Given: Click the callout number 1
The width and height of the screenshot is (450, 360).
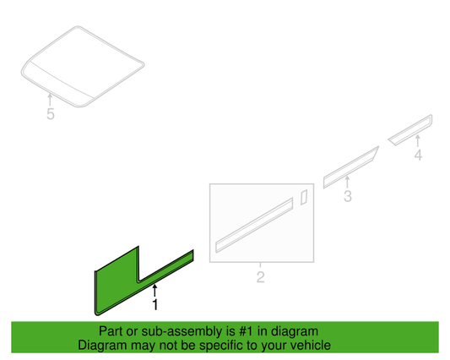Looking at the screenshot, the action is (x=155, y=305).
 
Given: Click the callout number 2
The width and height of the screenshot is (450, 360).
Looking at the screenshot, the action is (x=260, y=277).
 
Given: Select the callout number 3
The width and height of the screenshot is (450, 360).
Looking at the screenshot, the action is (x=348, y=196).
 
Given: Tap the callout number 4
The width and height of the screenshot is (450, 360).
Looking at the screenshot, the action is (x=418, y=155).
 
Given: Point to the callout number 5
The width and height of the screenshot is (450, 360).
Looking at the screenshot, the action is (x=51, y=114).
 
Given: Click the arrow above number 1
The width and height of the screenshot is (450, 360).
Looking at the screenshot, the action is (x=155, y=290).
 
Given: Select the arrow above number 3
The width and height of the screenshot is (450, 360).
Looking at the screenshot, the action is (x=347, y=183).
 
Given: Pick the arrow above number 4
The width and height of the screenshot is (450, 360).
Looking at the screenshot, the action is (x=418, y=141).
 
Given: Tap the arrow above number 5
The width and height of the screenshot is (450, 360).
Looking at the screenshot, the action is (x=50, y=100).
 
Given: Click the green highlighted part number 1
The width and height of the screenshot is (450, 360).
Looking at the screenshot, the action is (x=117, y=285).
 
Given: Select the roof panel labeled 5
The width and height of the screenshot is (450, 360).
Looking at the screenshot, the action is (x=83, y=67).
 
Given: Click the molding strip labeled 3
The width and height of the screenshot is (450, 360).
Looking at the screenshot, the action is (x=350, y=167).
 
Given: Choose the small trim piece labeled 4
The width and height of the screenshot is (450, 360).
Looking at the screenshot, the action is (x=410, y=130).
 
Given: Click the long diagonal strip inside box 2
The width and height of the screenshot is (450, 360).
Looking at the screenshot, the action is (x=254, y=225).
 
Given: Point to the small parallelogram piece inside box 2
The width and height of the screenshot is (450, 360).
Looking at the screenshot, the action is (x=304, y=197).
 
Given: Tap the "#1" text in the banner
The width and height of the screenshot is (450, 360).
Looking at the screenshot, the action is (x=246, y=331).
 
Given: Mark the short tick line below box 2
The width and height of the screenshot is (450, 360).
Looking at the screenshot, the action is (x=260, y=265).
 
